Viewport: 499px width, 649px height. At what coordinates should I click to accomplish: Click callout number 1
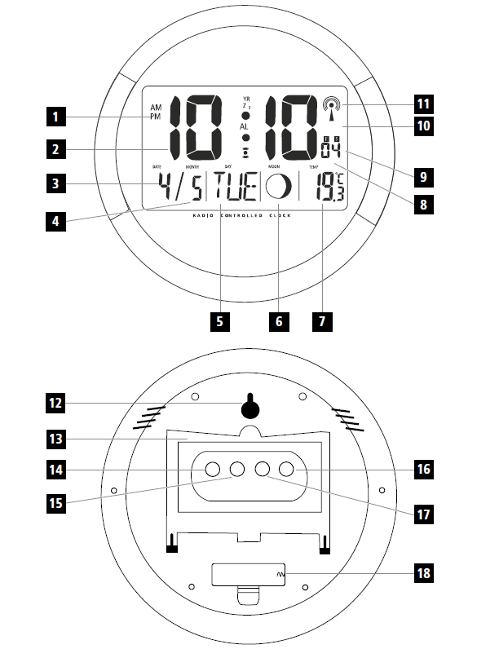pos(55,117)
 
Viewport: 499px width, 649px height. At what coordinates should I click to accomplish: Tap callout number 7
pos(322,320)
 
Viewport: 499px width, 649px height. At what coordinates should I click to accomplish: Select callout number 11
pos(423,104)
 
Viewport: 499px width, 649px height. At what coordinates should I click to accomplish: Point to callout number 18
pos(423,573)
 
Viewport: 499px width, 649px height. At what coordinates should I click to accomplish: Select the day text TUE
pos(233,189)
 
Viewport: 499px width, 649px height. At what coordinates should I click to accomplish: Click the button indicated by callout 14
pos(212,470)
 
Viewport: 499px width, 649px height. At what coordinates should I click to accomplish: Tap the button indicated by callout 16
pos(286,470)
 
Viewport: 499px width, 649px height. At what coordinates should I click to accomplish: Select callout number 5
pos(219,320)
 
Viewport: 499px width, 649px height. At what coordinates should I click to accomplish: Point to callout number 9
pos(423,175)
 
